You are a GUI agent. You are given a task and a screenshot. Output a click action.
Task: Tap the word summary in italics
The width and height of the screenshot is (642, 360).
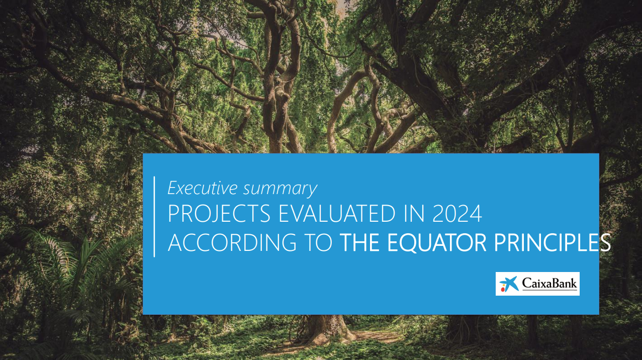[280, 190]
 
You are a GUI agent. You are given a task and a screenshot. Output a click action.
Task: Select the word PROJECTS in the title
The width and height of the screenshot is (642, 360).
[219, 214]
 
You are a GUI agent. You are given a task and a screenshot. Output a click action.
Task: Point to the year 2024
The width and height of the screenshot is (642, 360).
[457, 214]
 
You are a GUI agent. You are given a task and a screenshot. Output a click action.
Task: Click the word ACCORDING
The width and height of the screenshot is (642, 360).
[232, 242]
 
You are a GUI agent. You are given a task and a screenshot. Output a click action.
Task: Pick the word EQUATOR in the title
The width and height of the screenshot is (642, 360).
[437, 242]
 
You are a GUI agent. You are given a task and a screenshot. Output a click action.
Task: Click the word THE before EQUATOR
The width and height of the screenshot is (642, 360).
[359, 242]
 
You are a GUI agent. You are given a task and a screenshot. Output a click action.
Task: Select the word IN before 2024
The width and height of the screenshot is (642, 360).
[414, 214]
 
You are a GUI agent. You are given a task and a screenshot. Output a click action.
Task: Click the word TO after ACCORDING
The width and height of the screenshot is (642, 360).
[318, 242]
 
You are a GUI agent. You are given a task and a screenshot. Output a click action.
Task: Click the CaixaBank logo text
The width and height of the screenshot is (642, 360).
[549, 283]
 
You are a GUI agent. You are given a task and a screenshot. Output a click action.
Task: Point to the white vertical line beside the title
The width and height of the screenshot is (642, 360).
[154, 217]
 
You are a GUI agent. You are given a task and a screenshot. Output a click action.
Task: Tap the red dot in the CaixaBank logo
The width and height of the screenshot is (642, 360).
[503, 290]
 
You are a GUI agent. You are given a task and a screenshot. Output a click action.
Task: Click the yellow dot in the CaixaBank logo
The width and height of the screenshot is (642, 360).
[503, 286]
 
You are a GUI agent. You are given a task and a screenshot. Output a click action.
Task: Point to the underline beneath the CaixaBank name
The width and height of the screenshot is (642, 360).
[549, 290]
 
